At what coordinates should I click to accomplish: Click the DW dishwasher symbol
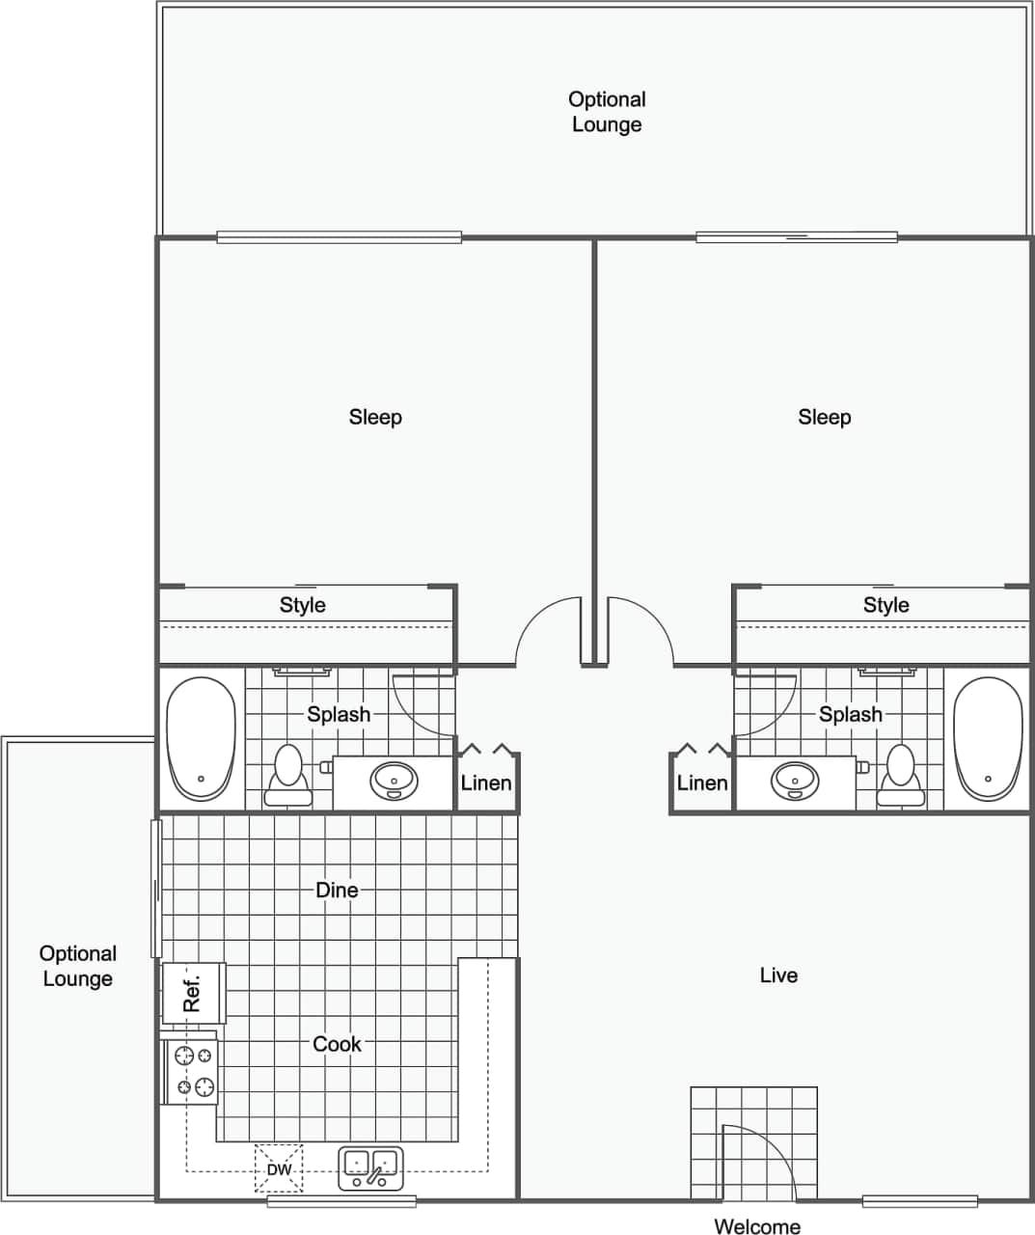point(279,1169)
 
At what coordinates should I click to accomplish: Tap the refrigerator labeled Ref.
point(193,993)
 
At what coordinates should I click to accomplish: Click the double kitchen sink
point(371,1168)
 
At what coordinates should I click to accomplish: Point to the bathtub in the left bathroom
point(201,738)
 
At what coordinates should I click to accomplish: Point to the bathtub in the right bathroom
point(988,738)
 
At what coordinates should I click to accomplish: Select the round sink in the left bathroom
point(395,780)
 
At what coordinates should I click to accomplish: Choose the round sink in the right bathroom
point(795,780)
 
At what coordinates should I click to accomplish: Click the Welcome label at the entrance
point(757,1226)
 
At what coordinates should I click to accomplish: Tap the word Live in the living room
point(778,975)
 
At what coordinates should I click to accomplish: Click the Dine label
point(337,890)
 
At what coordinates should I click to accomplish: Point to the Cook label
point(337,1044)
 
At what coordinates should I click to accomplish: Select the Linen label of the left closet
point(486,782)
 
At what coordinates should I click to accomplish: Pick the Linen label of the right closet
point(702,782)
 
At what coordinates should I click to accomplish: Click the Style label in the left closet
point(303,605)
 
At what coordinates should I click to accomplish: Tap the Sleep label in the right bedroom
point(825,417)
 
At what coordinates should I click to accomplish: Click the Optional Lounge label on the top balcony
point(607,112)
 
